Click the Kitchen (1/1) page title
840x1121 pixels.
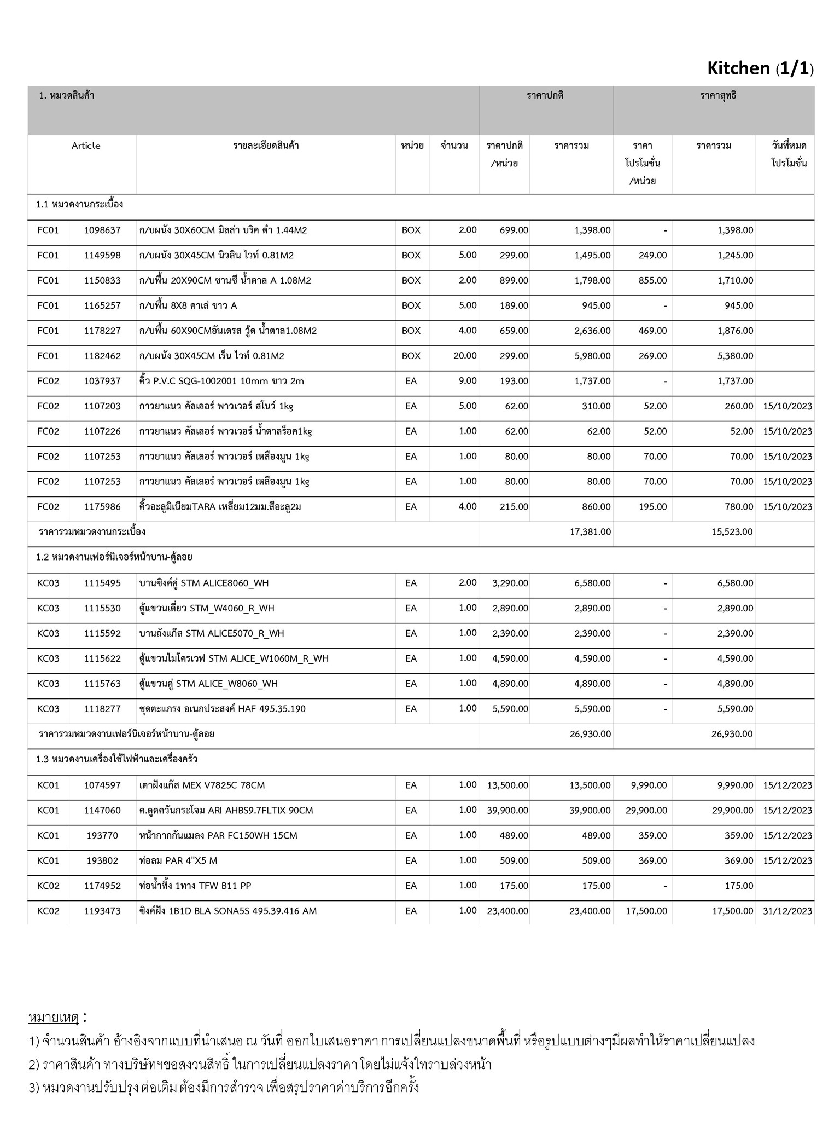click(x=760, y=68)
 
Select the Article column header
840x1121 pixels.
click(x=86, y=146)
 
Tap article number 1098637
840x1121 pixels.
click(x=102, y=230)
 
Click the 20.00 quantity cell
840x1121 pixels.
click(x=464, y=356)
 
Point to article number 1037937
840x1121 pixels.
click(x=102, y=381)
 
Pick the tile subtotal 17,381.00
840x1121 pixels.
click(x=590, y=531)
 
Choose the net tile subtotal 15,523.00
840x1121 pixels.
click(x=732, y=531)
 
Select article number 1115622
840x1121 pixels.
click(x=102, y=658)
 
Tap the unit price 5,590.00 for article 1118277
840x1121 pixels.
click(x=510, y=709)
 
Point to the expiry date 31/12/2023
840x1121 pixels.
click(x=787, y=911)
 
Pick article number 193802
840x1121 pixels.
click(x=102, y=860)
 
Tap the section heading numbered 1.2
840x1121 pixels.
click(x=114, y=557)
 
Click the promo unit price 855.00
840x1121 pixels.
click(x=652, y=280)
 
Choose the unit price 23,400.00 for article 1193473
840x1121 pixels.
click(x=507, y=911)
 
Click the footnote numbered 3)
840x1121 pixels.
click(x=224, y=1087)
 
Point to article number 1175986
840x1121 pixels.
click(x=102, y=507)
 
